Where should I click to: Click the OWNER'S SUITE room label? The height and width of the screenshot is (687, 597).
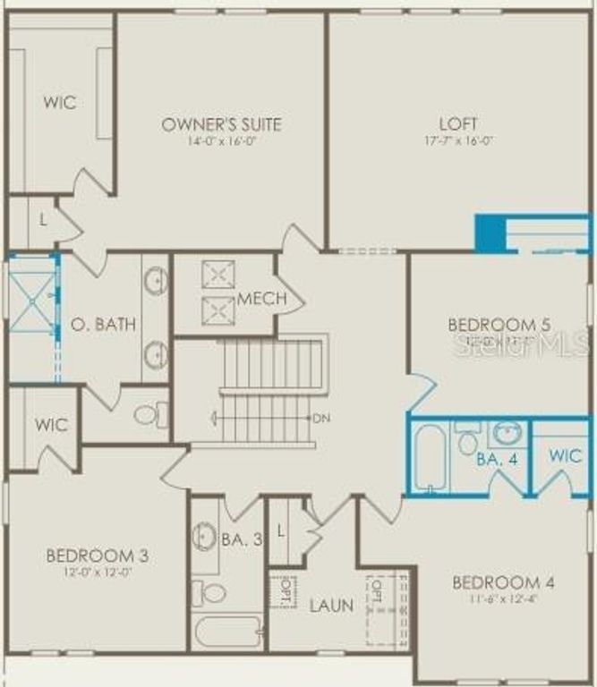point(221,124)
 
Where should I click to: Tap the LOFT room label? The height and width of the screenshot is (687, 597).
point(457,124)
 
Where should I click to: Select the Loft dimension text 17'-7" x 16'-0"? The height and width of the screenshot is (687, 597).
point(457,140)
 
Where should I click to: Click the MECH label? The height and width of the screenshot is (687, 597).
point(261,299)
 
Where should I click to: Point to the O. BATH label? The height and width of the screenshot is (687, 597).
point(104,323)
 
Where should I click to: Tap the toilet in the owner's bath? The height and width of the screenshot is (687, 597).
point(151,414)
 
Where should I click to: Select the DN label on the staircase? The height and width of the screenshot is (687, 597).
point(321,418)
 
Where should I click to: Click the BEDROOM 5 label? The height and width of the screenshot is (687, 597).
point(499,324)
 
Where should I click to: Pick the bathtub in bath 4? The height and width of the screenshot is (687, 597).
point(430,457)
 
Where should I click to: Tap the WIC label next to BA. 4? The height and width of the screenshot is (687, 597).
point(565,454)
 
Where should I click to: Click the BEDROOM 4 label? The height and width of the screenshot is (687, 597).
point(502,583)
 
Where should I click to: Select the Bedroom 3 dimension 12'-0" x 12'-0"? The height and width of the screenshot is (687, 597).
point(97,572)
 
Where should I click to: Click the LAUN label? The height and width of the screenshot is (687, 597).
point(331,606)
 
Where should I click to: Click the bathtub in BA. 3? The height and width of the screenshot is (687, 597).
point(227,632)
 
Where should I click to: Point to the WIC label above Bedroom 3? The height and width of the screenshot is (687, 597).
point(52,425)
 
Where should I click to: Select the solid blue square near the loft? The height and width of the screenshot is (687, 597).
point(490,233)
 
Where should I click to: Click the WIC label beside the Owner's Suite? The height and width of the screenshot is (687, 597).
point(60,102)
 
